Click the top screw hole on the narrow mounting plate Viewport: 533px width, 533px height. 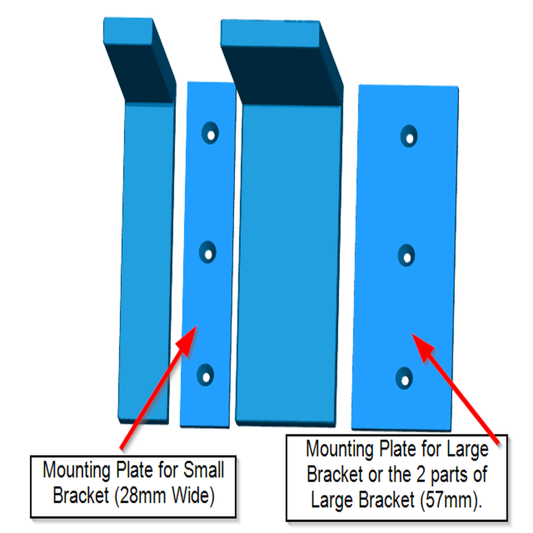point(210,133)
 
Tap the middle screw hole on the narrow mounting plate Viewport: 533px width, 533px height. point(208,252)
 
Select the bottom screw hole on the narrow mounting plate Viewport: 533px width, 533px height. point(206,374)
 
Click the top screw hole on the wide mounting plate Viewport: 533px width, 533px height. point(409,136)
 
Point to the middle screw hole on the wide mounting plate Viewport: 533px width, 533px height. point(407,255)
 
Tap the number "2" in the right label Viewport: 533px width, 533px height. point(422,474)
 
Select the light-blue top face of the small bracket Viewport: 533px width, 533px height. point(128,30)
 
